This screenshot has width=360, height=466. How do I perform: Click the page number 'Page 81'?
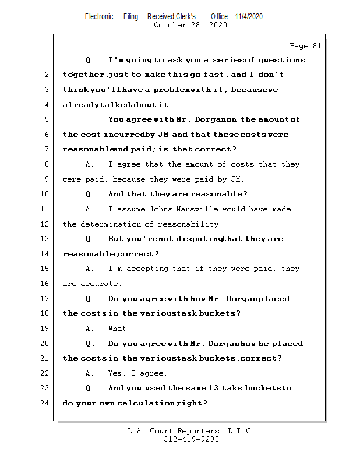click(x=305, y=46)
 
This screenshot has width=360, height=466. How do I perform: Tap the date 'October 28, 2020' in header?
click(x=190, y=25)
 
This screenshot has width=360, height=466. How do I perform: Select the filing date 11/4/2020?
click(x=249, y=16)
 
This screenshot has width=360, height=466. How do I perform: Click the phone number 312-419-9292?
click(x=191, y=439)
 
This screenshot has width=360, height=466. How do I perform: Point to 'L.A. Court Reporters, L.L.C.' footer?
click(x=190, y=431)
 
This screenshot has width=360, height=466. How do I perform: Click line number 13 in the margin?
click(x=46, y=239)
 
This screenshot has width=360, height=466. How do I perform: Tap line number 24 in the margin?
click(x=46, y=403)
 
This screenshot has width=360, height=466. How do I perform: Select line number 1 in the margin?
click(x=46, y=60)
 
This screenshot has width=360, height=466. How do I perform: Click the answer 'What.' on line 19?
click(x=119, y=329)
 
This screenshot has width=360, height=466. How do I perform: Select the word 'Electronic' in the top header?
click(x=99, y=16)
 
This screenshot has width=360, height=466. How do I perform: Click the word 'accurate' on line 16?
click(x=100, y=284)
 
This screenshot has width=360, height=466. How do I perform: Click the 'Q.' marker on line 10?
click(x=90, y=194)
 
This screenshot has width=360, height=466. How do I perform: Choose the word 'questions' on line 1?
click(x=282, y=60)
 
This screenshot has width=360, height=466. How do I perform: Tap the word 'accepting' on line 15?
click(x=154, y=269)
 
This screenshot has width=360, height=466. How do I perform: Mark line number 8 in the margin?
click(x=46, y=164)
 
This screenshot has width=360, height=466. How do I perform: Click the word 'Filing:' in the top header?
click(x=131, y=16)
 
